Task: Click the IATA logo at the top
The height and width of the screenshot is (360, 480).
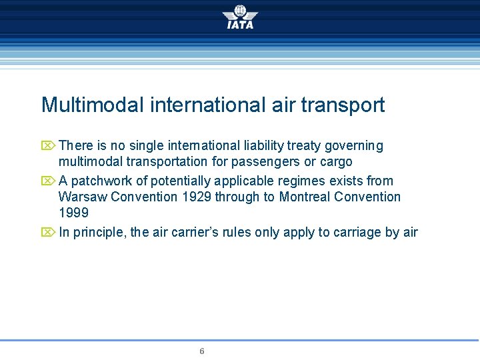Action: pyautogui.click(x=240, y=17)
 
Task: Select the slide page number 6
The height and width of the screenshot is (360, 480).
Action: pyautogui.click(x=202, y=351)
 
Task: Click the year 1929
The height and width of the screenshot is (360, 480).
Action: pyautogui.click(x=196, y=197)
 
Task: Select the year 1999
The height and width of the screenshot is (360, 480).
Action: pyautogui.click(x=73, y=213)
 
